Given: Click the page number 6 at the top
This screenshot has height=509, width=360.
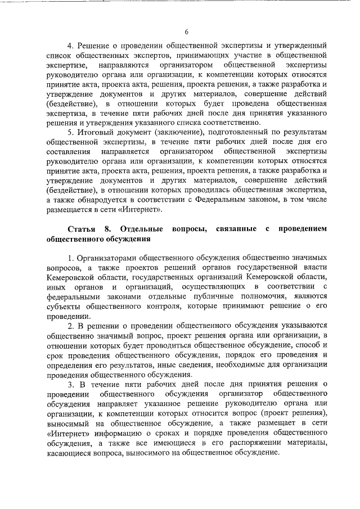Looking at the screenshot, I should [x=186, y=32].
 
